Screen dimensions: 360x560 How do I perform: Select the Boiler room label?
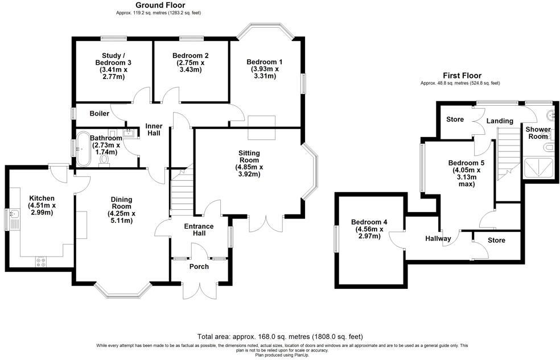[x=99, y=114]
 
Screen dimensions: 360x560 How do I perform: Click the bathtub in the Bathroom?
[x=83, y=149]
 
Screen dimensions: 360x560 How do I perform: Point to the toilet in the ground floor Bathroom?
[x=104, y=161]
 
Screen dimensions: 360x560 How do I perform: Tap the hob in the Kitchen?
[x=42, y=262]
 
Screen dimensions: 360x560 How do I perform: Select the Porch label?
[x=199, y=267]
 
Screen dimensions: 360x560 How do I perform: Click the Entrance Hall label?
[x=199, y=230]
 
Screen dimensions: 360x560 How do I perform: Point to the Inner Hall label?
[x=154, y=130]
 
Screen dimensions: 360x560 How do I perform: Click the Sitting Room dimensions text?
[x=249, y=171]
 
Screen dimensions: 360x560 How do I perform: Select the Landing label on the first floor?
[x=500, y=121]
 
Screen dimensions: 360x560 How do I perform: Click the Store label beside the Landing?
[x=455, y=119]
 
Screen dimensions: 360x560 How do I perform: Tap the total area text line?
[x=279, y=337]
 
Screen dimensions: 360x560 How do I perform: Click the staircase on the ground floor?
[x=181, y=191]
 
